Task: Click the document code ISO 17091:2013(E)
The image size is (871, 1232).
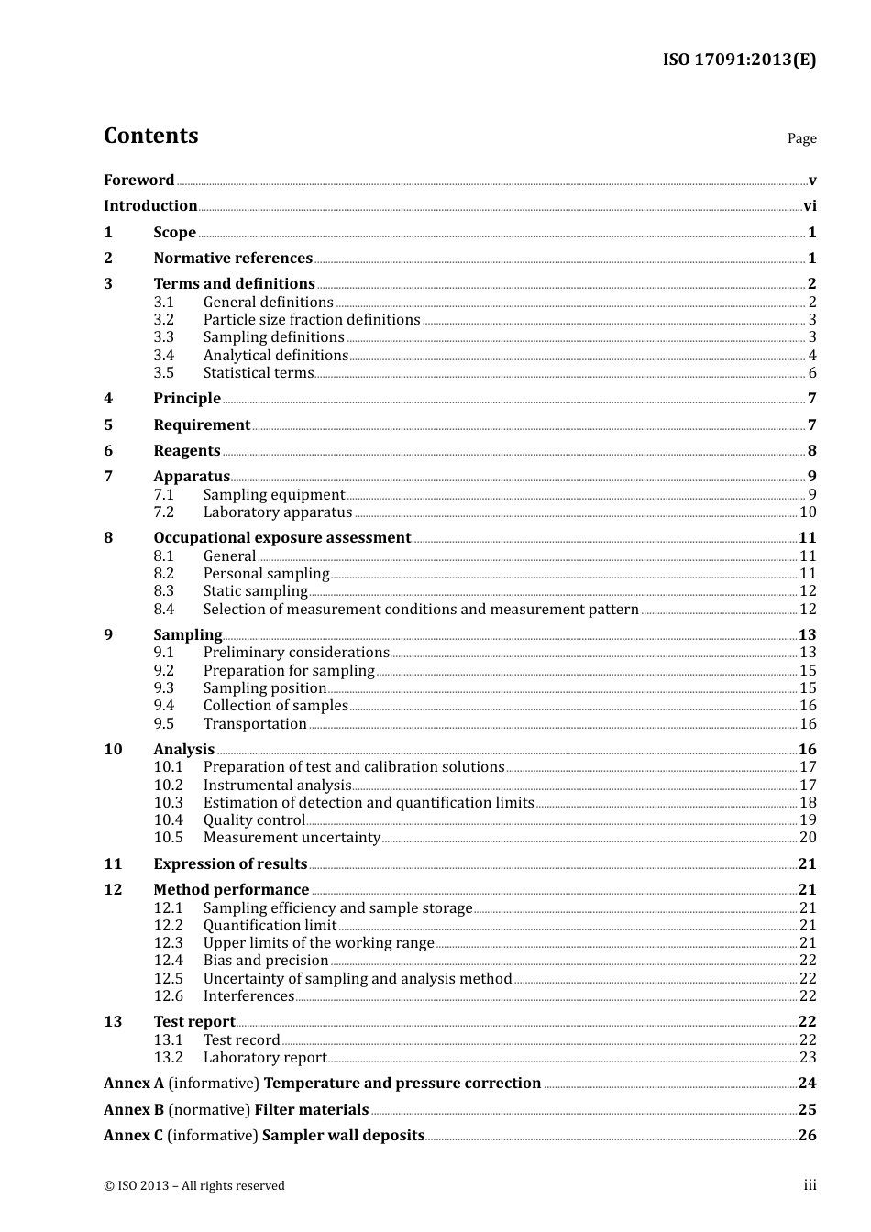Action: pos(739,60)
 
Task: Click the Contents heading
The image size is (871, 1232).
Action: pos(151,136)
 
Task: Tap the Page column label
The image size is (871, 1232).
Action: pos(801,138)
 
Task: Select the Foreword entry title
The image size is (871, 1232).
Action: pos(139,181)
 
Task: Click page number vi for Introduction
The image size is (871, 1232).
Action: pos(810,206)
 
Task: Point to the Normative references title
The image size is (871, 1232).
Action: pos(233,258)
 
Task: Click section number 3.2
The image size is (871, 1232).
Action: pos(164,320)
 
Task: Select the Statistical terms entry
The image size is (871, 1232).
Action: pos(259,373)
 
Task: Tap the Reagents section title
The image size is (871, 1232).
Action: pos(187,451)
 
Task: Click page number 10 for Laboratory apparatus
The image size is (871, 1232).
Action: pos(808,512)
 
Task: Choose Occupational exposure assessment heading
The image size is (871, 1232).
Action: pos(282,538)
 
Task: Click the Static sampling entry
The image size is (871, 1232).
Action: pos(256,591)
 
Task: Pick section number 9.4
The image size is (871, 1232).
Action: pos(164,706)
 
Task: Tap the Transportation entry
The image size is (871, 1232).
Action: pos(255,724)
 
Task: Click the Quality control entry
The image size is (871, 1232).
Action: pos(254,820)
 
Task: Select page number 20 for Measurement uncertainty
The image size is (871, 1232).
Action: pos(808,838)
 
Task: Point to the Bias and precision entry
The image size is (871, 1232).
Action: pos(266,961)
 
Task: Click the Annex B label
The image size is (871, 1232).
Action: pos(134,1110)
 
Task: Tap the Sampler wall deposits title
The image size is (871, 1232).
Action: pos(343,1136)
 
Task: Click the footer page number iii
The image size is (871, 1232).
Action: pos(810,1185)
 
